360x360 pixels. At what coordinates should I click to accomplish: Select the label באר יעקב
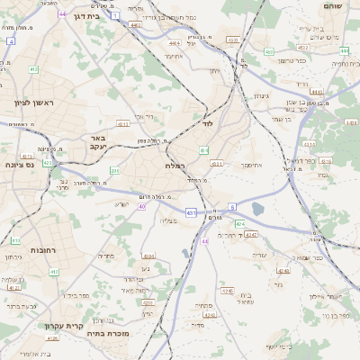click(96, 141)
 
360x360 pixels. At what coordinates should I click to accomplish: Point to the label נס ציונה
click(18, 165)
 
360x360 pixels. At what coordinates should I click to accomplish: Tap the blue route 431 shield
click(191, 211)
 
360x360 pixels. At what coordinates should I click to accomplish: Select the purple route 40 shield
click(142, 206)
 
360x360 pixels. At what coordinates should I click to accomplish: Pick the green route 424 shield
click(239, 222)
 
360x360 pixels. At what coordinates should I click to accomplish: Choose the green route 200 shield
click(114, 169)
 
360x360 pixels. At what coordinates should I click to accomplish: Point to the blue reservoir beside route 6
click(259, 210)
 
